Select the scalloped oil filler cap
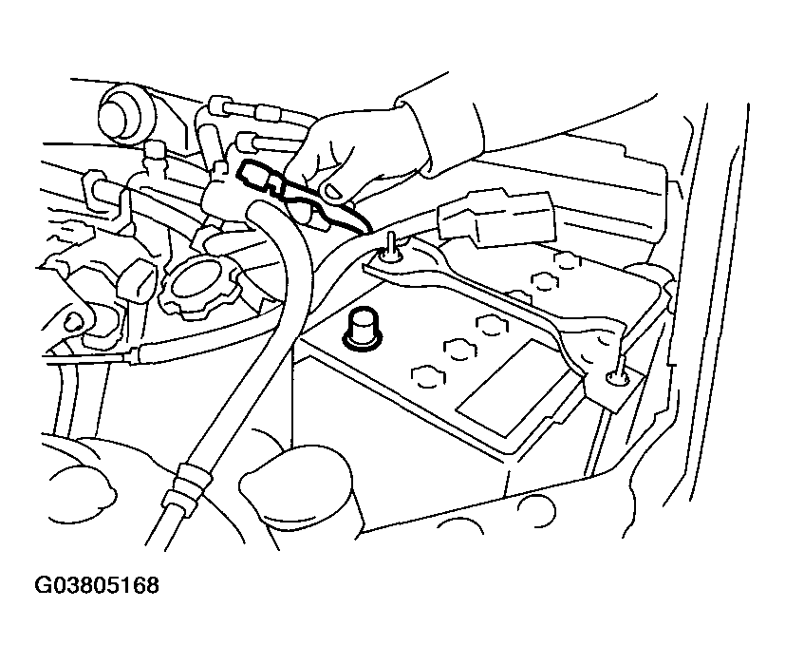coord(201,282)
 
